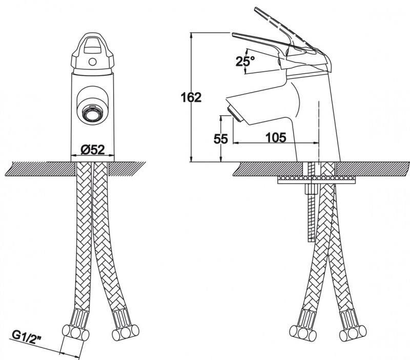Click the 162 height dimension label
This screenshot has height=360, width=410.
[x=191, y=97]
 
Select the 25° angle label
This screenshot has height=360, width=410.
[x=245, y=61]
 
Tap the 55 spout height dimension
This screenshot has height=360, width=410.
[x=221, y=139]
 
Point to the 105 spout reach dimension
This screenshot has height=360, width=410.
[x=276, y=137]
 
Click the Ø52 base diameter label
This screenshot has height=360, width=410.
[x=93, y=150]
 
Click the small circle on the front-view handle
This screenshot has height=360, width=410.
[x=92, y=62]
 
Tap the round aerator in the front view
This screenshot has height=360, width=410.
[x=93, y=113]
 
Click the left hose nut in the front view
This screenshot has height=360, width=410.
[x=75, y=333]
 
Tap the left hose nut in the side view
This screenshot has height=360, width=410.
[x=303, y=332]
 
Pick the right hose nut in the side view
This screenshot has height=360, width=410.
[x=353, y=333]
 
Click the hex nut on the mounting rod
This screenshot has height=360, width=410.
[x=311, y=189]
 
